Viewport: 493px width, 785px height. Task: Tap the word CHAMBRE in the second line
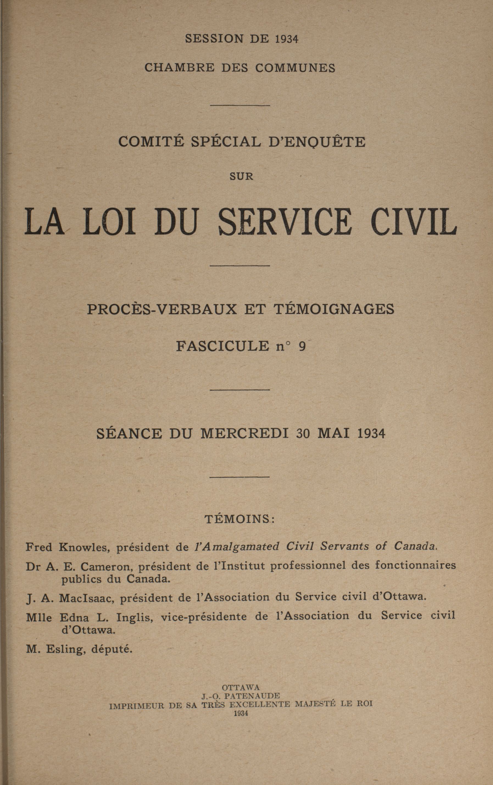(x=179, y=68)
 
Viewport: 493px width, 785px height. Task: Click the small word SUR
(x=241, y=177)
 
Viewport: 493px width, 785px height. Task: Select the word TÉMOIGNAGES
(x=333, y=309)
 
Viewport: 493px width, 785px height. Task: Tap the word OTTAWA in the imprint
(x=241, y=687)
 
